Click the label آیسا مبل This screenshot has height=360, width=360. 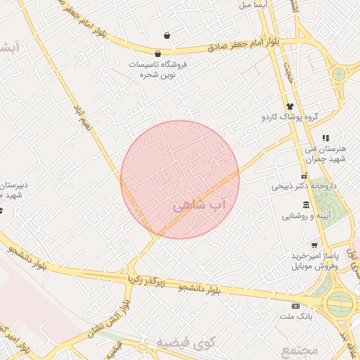[x=255, y=5]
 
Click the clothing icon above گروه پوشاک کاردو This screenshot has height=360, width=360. [x=288, y=106]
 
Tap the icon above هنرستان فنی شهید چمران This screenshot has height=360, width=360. [x=325, y=138]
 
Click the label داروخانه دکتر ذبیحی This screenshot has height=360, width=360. [x=300, y=187]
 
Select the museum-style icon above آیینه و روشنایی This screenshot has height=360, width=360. [x=306, y=205]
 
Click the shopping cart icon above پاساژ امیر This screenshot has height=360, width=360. [x=314, y=245]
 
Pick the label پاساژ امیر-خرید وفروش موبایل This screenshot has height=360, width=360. [x=314, y=262]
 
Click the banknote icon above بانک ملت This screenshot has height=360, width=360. [x=295, y=306]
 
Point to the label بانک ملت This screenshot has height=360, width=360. [x=295, y=317]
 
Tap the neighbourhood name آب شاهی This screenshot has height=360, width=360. [x=200, y=205]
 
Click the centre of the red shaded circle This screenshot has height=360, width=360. [x=180, y=179]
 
